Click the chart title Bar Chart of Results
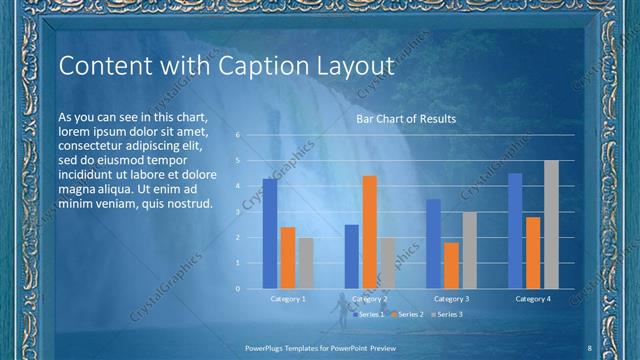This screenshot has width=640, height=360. [x=406, y=119]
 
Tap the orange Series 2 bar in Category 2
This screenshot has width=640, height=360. [x=369, y=232]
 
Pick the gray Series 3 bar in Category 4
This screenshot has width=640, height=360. [x=551, y=225]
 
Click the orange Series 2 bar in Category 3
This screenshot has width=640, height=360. [x=451, y=266]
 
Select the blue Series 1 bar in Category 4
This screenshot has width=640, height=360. [x=515, y=231]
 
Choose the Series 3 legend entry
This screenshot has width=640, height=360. [x=446, y=314]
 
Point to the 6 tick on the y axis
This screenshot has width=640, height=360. [x=238, y=134]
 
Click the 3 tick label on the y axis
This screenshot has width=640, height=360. [x=238, y=212]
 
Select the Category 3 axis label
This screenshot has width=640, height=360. [x=451, y=299]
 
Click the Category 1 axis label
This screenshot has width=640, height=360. [x=287, y=299]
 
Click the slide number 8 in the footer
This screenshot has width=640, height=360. [x=589, y=346]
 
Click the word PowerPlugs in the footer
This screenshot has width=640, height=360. [x=268, y=346]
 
